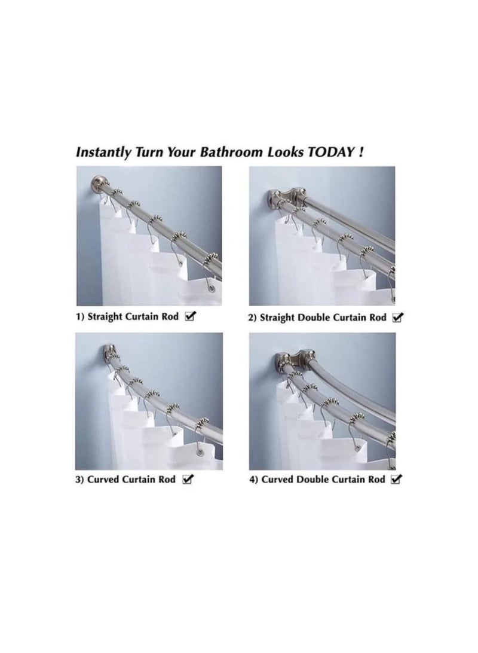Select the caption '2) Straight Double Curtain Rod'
317,318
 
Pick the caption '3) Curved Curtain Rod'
125,480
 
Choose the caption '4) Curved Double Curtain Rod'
316,480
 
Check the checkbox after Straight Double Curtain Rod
397,318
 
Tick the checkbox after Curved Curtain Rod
188,480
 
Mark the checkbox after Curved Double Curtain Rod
396,480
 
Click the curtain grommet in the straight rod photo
212,291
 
